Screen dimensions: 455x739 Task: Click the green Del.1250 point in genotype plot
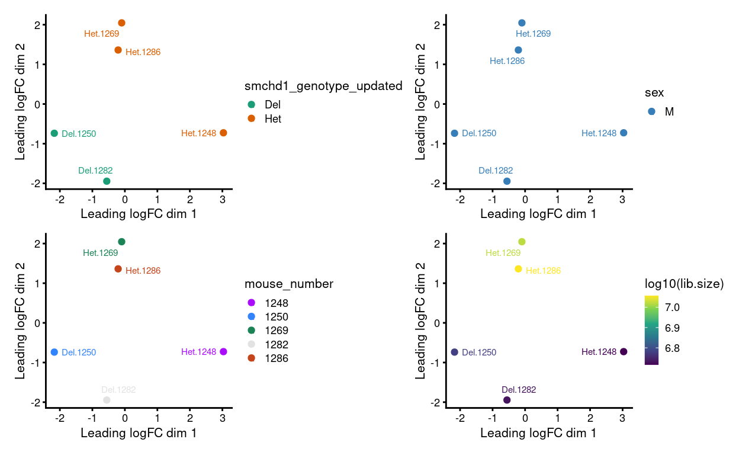pyautogui.click(x=54, y=133)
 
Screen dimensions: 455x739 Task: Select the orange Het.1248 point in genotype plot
pyautogui.click(x=223, y=133)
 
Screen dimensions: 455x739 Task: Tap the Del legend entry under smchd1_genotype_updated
pyautogui.click(x=272, y=104)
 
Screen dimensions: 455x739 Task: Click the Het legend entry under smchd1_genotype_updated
pyautogui.click(x=272, y=118)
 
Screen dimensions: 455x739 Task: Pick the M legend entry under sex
pyautogui.click(x=669, y=111)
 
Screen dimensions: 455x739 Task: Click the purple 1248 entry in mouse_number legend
pyautogui.click(x=276, y=303)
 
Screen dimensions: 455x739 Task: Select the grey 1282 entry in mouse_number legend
pyautogui.click(x=276, y=344)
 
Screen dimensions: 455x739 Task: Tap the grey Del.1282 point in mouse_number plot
pyautogui.click(x=107, y=400)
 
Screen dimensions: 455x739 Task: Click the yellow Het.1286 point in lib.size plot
pyautogui.click(x=518, y=269)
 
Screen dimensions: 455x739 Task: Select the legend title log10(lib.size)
pyautogui.click(x=684, y=284)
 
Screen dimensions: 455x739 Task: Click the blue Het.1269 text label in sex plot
pyautogui.click(x=533, y=34)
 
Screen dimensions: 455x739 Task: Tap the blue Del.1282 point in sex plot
pyautogui.click(x=507, y=181)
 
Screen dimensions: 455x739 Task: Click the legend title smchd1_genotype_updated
pyautogui.click(x=323, y=86)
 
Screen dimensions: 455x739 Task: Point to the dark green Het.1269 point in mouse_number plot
pyautogui.click(x=121, y=242)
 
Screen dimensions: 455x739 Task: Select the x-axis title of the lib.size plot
pyautogui.click(x=538, y=433)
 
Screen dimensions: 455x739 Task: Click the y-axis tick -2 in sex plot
pyautogui.click(x=436, y=183)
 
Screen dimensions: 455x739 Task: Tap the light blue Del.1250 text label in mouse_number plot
pyautogui.click(x=79, y=353)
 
